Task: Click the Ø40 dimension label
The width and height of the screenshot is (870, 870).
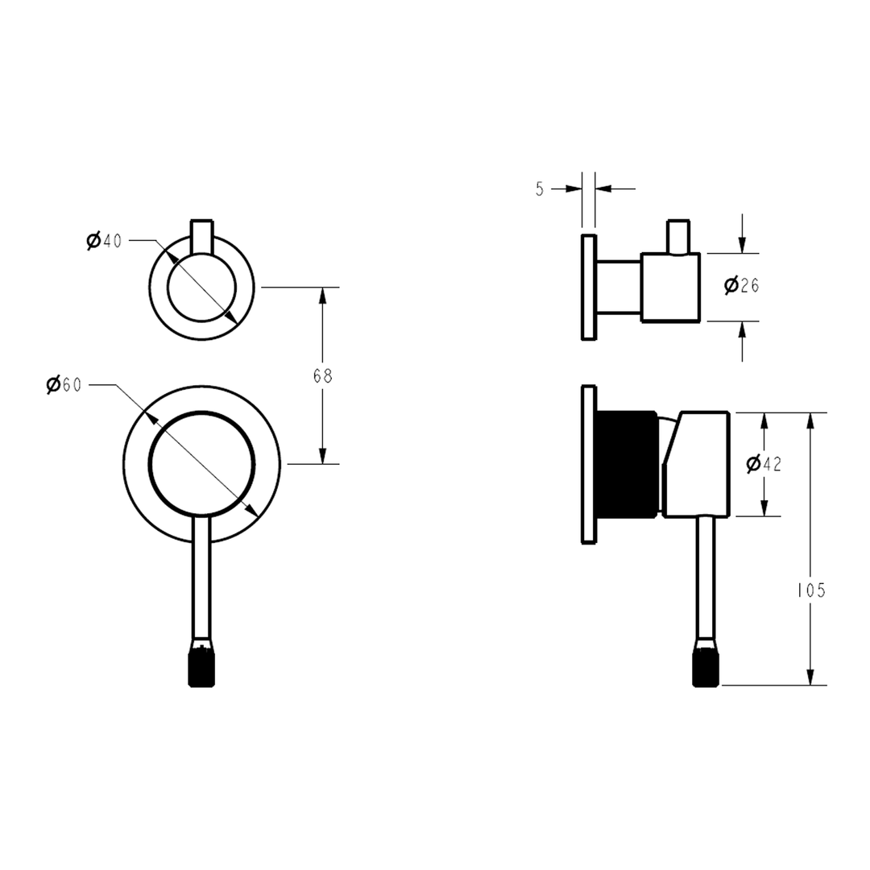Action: [104, 240]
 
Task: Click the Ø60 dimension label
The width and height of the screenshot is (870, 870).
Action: [64, 385]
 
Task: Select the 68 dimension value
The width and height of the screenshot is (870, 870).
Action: [323, 375]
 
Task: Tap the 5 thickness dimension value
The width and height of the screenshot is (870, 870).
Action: [539, 188]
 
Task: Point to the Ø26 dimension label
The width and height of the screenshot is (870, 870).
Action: [742, 284]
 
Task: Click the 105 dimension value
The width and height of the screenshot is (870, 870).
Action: [811, 590]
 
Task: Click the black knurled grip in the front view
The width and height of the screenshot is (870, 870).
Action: [201, 668]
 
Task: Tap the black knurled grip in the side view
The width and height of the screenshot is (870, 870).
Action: [705, 668]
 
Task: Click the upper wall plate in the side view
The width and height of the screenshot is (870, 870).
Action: [587, 287]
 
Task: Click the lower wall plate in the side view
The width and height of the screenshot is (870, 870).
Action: [588, 465]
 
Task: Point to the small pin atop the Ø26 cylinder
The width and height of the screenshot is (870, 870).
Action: [677, 235]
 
